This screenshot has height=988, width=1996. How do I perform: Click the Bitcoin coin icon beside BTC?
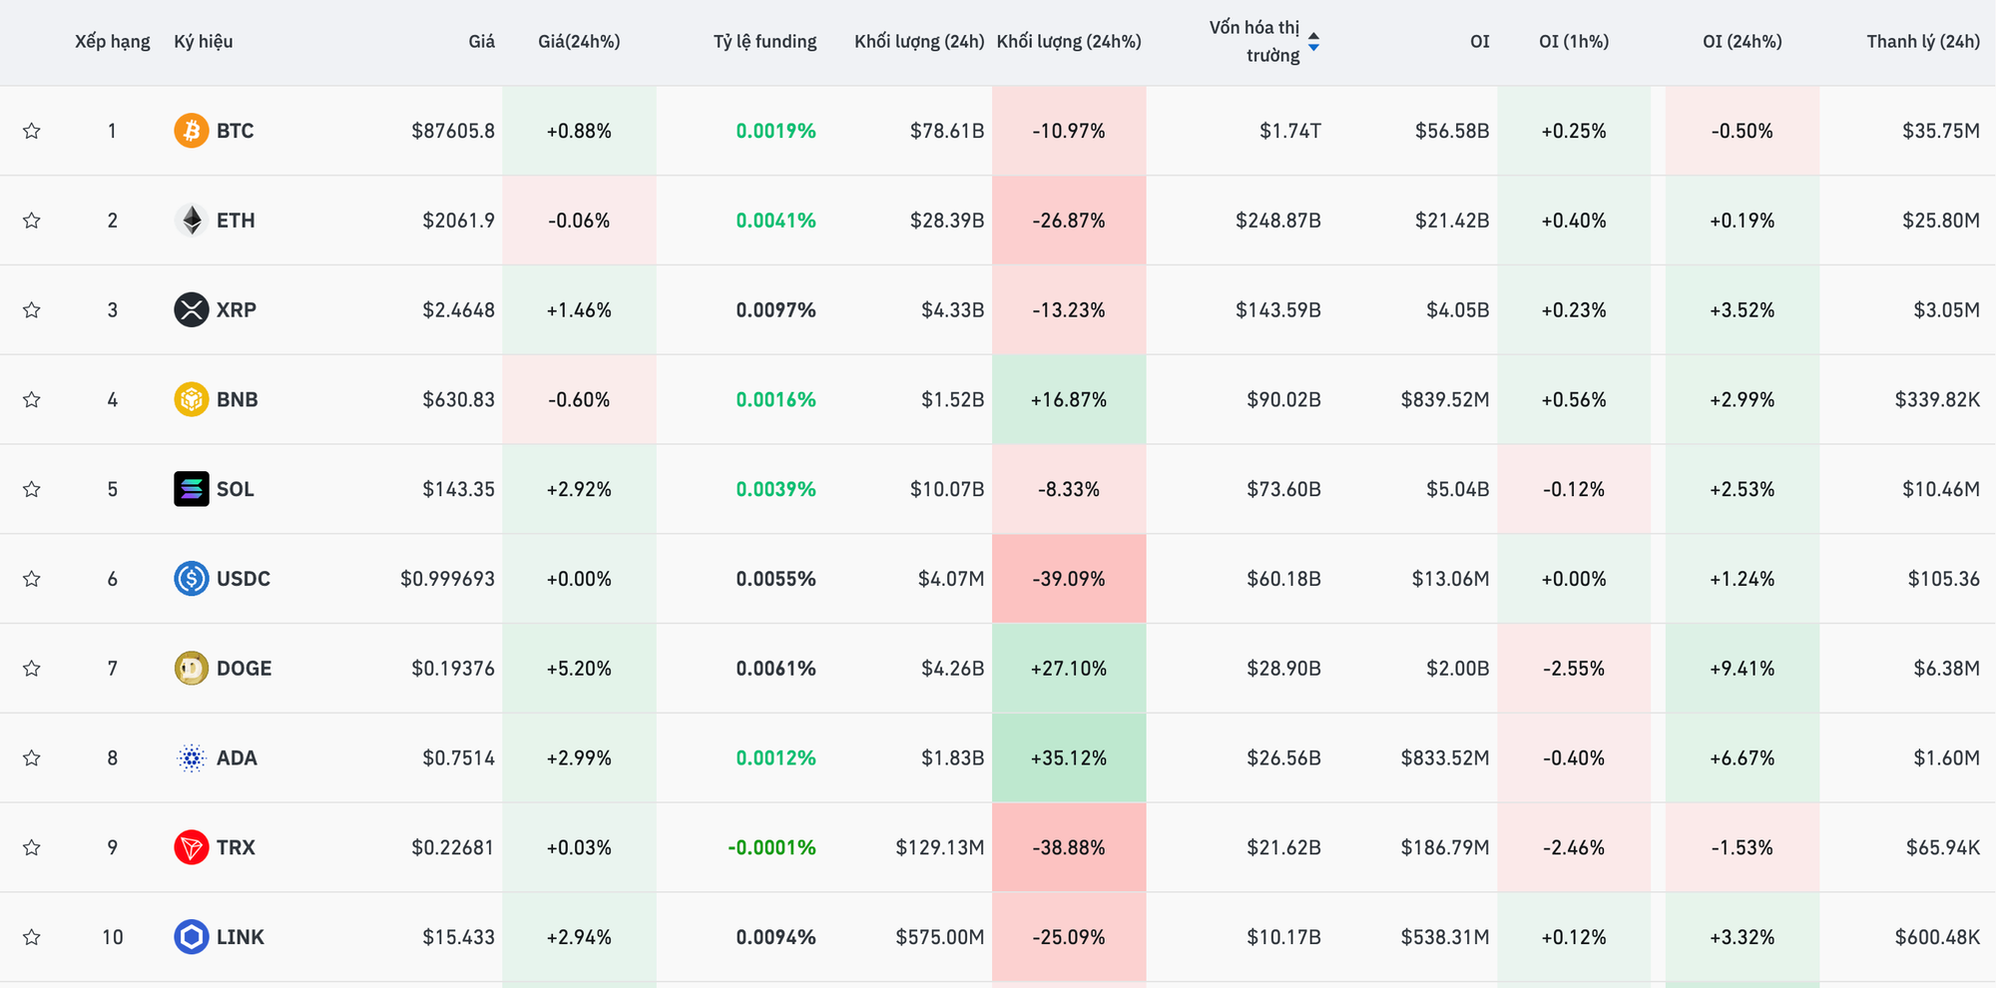[191, 131]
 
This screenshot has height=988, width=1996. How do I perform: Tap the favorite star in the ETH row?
[32, 221]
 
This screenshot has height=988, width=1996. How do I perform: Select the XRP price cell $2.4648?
[458, 310]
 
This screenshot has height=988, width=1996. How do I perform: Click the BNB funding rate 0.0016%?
[775, 400]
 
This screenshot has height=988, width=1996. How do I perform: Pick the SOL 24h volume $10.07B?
[946, 489]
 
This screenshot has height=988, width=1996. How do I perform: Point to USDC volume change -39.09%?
[1068, 579]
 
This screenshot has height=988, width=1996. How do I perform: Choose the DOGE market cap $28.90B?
[1283, 669]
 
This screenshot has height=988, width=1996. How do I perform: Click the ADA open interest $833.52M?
[1444, 758]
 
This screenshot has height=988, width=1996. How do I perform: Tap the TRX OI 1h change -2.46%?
[1573, 848]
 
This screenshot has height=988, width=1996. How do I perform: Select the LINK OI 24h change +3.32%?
[1742, 937]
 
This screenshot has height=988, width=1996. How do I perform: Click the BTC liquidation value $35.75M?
[1940, 131]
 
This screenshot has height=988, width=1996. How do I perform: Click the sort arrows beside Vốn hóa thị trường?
[1313, 42]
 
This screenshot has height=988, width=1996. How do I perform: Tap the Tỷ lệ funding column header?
[764, 42]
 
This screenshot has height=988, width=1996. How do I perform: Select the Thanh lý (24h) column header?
[1922, 42]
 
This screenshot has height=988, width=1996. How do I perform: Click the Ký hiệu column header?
[203, 42]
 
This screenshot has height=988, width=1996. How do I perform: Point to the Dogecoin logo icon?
[191, 669]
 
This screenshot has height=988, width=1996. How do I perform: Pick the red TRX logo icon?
[191, 848]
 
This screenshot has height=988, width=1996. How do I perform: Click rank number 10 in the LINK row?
[112, 937]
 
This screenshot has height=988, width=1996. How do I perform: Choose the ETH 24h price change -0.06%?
[579, 221]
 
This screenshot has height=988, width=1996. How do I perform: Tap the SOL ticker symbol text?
[236, 489]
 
